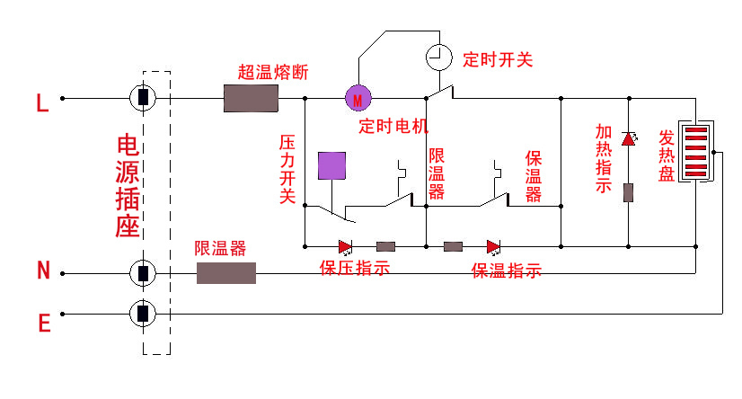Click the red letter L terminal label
[42, 103]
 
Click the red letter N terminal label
[42, 270]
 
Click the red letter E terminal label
[43, 323]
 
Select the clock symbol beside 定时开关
[438, 58]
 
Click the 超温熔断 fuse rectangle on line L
[251, 98]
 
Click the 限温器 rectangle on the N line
[225, 272]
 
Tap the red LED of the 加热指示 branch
[628, 138]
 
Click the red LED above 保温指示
[493, 245]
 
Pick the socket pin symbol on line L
[143, 98]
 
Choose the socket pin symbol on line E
[143, 313]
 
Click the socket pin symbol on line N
[143, 272]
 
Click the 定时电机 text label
[393, 125]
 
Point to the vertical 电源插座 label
[127, 186]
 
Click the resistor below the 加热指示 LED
[628, 191]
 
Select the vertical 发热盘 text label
[667, 155]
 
